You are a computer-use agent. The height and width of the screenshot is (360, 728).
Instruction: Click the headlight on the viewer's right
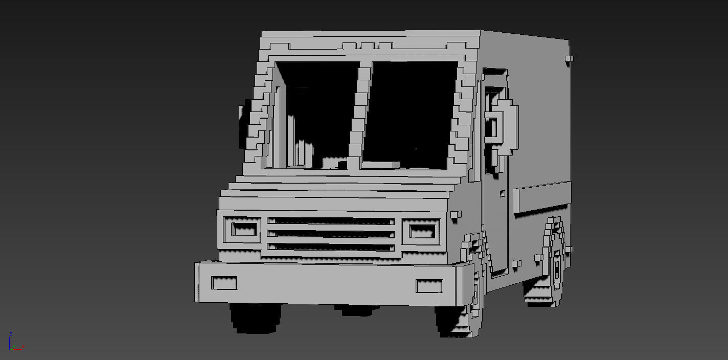420,231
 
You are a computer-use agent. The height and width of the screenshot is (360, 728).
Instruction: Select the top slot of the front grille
331,221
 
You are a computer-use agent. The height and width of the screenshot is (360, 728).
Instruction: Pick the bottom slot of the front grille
331,247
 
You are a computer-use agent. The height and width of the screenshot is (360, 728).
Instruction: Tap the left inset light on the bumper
224,283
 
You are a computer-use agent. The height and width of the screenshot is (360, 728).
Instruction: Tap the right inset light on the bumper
428,286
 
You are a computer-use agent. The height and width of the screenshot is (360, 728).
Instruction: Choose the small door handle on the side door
503,194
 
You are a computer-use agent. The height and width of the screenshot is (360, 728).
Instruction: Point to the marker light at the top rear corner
568,59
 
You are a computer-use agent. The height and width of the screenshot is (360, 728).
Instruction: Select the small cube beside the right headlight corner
456,215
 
